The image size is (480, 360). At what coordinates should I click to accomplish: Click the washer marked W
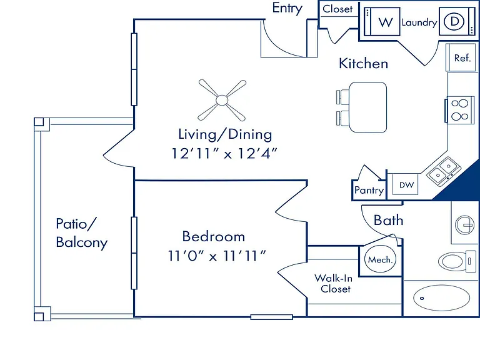click(382, 21)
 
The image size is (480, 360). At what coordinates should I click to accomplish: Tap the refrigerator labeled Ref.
click(461, 57)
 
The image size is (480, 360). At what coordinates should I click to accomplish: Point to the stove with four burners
click(460, 110)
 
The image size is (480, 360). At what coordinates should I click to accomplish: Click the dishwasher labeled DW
click(406, 184)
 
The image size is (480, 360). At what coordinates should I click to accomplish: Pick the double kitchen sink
click(444, 171)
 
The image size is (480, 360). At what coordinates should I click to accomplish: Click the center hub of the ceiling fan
click(222, 100)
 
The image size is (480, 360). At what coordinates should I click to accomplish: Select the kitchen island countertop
click(367, 107)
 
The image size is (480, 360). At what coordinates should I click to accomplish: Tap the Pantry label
click(369, 191)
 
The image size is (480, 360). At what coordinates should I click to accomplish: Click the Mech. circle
click(380, 259)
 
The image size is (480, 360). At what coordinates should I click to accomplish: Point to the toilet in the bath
click(457, 261)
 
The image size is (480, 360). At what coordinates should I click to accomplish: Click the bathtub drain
click(422, 298)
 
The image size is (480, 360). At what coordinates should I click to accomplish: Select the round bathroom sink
click(465, 225)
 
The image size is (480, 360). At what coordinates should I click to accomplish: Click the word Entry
click(287, 8)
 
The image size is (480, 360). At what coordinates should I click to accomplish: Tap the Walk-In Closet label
click(334, 284)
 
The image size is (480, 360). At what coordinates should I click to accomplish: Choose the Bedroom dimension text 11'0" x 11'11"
click(217, 256)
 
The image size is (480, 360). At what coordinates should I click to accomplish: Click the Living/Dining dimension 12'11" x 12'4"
click(224, 153)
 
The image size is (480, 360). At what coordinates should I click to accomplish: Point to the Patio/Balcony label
click(82, 233)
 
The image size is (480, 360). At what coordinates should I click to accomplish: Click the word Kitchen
click(363, 63)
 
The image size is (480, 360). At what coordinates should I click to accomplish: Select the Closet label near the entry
click(337, 9)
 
